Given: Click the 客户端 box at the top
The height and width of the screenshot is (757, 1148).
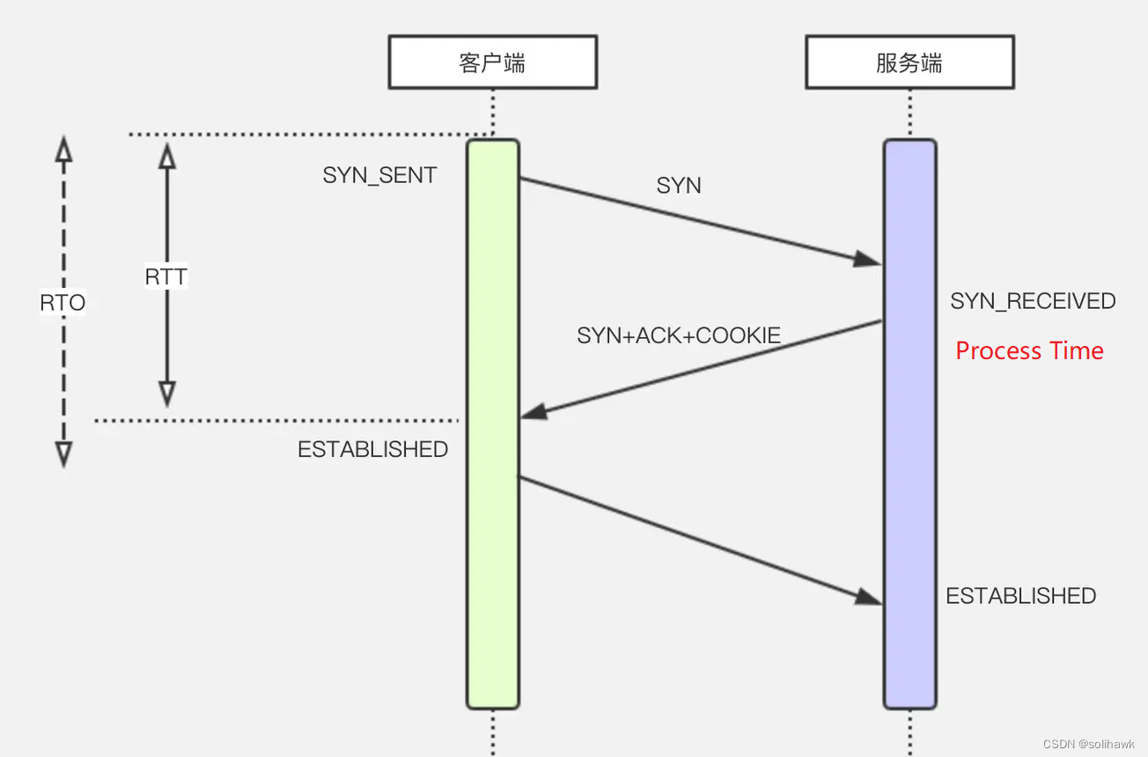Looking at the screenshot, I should click(492, 63).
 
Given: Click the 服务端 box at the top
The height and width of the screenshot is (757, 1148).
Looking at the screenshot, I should click(909, 63).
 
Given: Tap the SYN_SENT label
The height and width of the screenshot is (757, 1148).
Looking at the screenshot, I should click(379, 175).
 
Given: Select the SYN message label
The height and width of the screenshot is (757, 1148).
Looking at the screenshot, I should click(679, 186).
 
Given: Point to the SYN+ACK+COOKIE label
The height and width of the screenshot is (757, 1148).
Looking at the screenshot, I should click(679, 335).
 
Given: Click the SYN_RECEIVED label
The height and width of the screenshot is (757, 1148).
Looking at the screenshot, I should click(1033, 301).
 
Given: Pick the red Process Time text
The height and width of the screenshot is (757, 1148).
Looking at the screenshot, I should click(1029, 351).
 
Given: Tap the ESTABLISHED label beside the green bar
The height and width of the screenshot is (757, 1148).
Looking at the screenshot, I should click(372, 449).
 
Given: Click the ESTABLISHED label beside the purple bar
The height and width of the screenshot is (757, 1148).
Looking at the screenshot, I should click(1020, 596).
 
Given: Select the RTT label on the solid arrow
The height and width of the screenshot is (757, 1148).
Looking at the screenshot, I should click(166, 277).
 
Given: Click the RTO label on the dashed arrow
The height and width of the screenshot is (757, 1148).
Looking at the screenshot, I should click(63, 304).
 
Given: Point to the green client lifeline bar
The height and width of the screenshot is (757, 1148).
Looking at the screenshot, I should click(492, 572).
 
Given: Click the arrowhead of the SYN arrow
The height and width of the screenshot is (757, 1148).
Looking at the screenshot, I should click(869, 259).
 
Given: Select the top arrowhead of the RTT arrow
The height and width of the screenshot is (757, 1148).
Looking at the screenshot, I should click(166, 156).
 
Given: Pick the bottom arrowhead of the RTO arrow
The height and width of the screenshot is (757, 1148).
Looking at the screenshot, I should click(63, 453).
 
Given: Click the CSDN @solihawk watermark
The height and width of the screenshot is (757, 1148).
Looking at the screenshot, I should click(1088, 744).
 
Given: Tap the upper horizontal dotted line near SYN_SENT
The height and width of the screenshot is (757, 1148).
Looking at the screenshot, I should click(299, 135).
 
